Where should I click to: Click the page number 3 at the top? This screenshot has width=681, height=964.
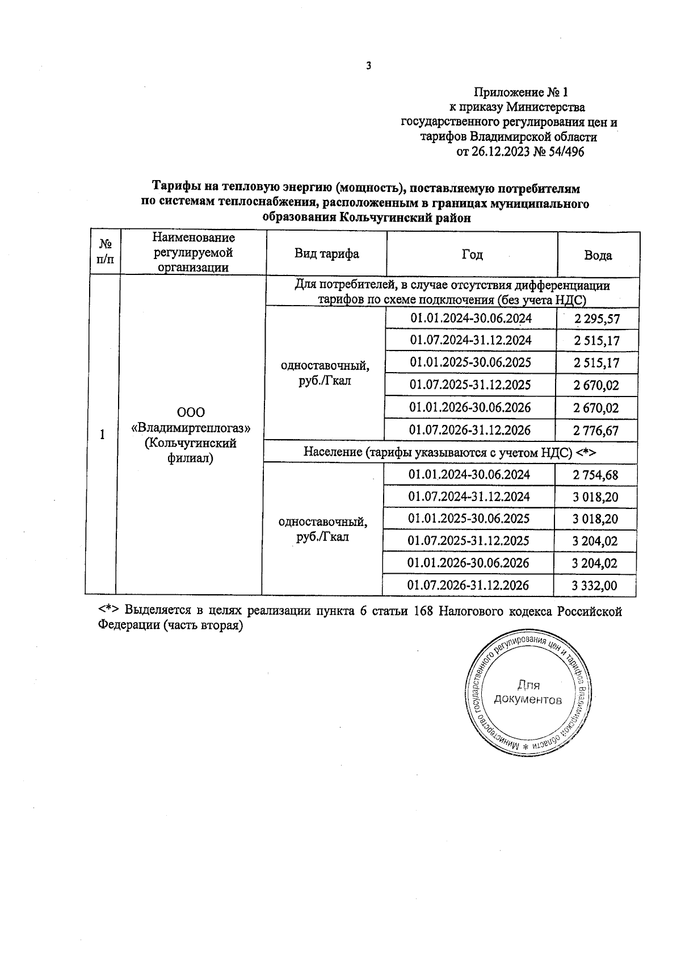click(368, 66)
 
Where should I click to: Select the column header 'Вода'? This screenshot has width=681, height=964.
click(598, 255)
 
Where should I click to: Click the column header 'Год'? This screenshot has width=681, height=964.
click(472, 254)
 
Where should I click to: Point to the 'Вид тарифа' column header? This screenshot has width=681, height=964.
click(326, 253)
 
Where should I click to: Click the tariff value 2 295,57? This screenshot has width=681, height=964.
click(597, 319)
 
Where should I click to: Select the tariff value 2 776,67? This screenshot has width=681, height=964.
click(596, 431)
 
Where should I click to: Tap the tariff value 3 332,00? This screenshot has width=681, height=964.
click(594, 586)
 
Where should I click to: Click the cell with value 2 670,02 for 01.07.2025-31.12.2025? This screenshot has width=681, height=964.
click(596, 386)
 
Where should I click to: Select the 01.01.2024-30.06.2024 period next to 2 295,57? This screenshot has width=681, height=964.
click(471, 318)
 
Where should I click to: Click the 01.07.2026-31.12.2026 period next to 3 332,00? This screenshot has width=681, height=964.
click(468, 585)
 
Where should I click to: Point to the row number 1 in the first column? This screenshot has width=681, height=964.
click(102, 435)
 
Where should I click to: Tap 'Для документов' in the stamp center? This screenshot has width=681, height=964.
click(528, 692)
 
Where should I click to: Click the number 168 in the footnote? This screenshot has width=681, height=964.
click(423, 611)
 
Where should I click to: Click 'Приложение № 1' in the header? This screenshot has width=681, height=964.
click(520, 92)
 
